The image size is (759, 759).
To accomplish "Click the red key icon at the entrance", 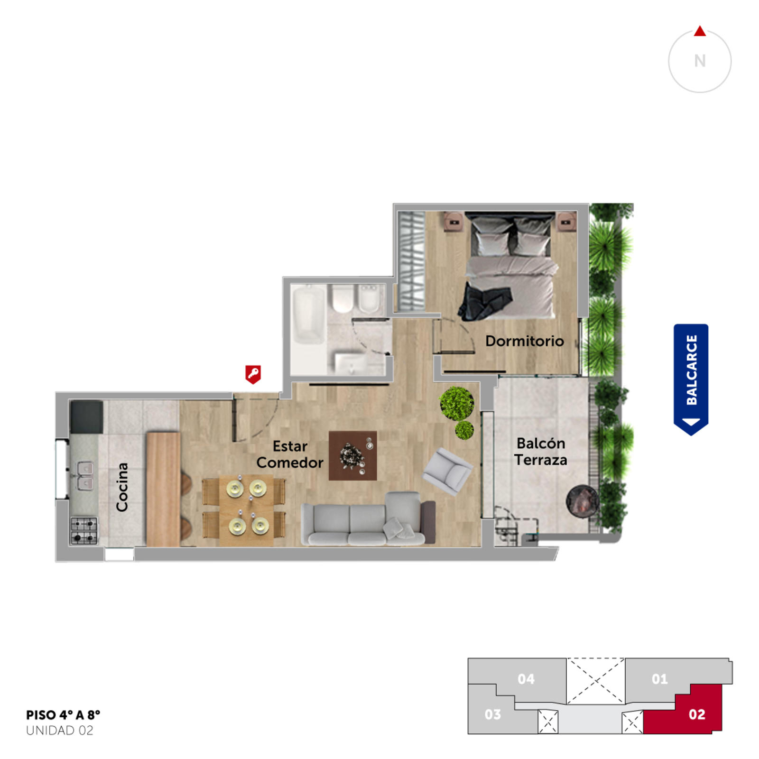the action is point(253,374).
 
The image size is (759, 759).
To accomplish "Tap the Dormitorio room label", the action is point(525,341).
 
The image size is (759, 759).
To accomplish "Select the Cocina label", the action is point(122,487).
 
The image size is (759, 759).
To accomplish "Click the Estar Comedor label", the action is point(290,454).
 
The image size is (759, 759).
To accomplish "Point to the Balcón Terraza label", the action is point(541,452).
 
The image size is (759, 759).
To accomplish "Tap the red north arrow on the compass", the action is point(700,31).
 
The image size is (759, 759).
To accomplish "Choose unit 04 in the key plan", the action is point(526,679).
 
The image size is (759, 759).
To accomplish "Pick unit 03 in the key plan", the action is point(493,714).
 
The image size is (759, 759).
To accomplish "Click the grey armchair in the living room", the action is point(448,472).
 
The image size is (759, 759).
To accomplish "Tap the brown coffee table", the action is point(353,456).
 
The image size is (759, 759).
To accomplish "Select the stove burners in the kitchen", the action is point(84,531).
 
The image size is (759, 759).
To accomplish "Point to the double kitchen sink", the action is point(85,476).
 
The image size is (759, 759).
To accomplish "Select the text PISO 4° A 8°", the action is point(63,715).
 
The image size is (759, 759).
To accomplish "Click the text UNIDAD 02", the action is point(60,731).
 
